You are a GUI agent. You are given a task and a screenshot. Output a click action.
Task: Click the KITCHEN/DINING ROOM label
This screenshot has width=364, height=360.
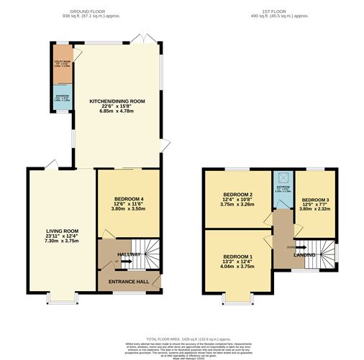pos(117,101)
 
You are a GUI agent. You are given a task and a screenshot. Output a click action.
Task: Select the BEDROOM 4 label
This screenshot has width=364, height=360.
pos(128,198)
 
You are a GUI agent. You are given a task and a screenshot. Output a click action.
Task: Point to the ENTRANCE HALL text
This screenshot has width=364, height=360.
pos(128,281)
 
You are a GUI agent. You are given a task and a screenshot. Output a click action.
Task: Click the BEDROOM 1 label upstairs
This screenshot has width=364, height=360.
pos(237,257)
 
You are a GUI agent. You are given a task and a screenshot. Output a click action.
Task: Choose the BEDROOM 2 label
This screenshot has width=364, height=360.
pos(237,195)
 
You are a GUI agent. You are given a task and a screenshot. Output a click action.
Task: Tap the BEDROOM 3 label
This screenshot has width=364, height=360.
pos(315,199)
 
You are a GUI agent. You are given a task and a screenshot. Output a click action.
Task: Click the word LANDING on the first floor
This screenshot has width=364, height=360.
pos(304,254)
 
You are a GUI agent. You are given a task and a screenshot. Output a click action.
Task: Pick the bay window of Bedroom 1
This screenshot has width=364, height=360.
pos(237,296)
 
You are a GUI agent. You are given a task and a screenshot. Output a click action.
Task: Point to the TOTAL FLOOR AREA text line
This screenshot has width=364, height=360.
pos(182,338)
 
